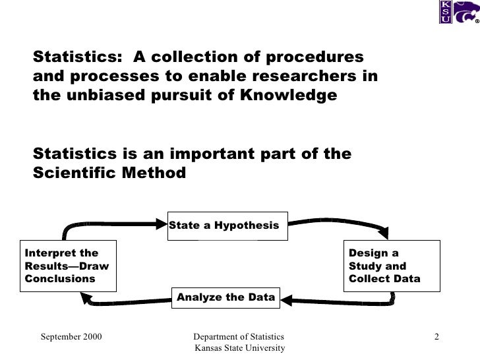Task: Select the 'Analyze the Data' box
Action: point(225,297)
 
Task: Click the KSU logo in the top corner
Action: point(446,11)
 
